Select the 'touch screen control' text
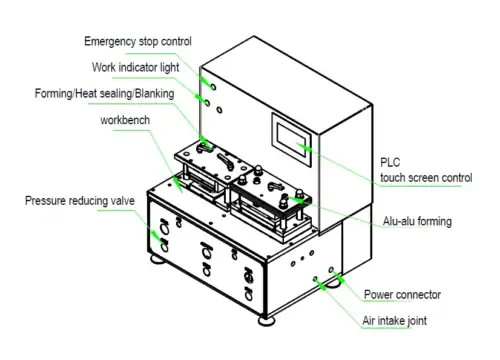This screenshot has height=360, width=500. click(x=426, y=177)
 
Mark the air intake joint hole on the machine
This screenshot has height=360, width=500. click(x=318, y=283)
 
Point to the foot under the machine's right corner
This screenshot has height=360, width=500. click(x=340, y=283)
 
